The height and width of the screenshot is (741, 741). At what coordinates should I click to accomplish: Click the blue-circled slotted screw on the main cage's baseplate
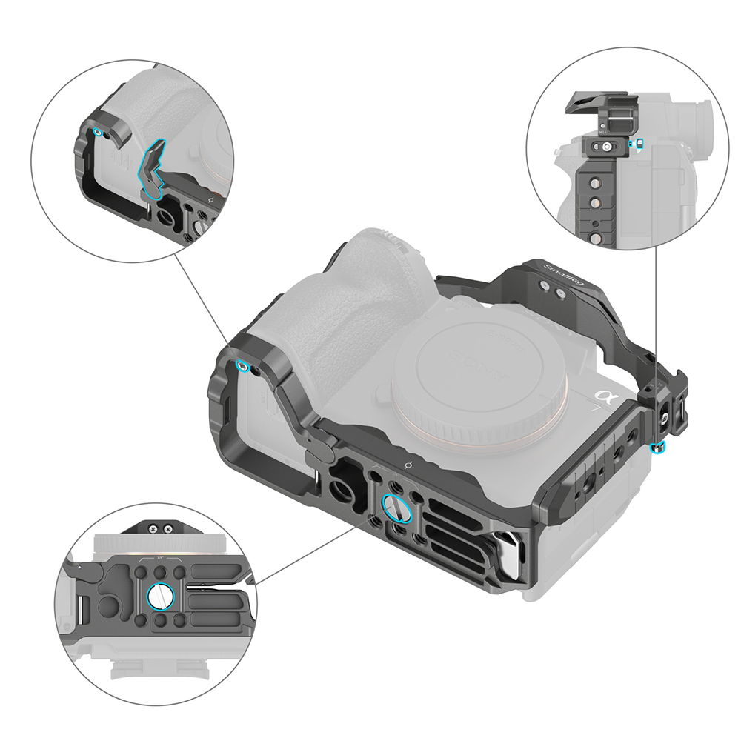(393, 508)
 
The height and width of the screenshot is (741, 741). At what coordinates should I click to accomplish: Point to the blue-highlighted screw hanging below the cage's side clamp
(659, 447)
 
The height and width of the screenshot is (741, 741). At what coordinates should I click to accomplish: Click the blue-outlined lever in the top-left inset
(154, 167)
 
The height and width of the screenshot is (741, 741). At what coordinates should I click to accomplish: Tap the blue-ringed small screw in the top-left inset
(98, 132)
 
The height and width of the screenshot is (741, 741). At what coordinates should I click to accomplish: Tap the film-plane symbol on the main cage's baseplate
(406, 466)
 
